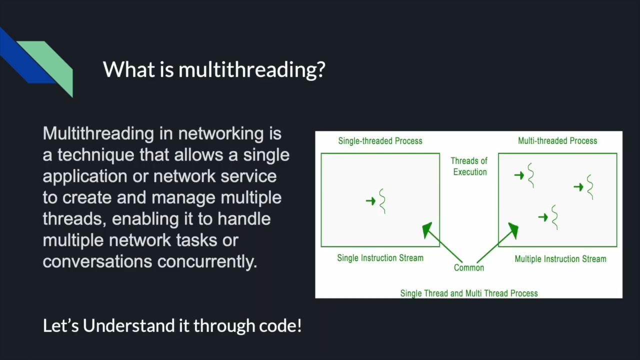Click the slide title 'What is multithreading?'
coord(214,69)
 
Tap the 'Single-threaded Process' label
coord(380,141)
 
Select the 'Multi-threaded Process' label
coord(557,141)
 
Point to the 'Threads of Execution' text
coord(469,166)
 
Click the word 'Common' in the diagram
coord(469,267)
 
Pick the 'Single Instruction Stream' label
coord(380,258)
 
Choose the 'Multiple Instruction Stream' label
coord(560,259)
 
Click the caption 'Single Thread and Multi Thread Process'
coord(469,293)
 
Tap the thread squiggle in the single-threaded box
coord(383,201)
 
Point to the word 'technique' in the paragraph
coord(95,155)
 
